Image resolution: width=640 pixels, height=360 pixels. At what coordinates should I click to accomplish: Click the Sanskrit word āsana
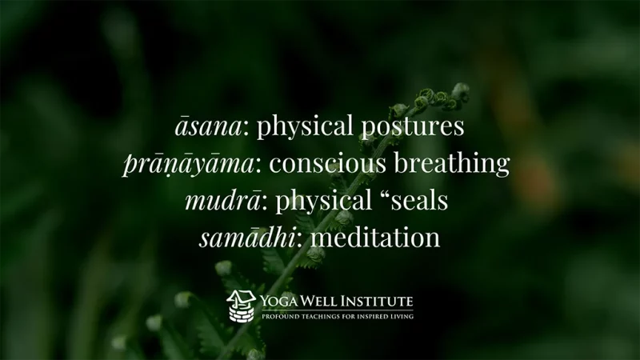[x=209, y=126]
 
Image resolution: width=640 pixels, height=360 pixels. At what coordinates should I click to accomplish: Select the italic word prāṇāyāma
[x=189, y=164]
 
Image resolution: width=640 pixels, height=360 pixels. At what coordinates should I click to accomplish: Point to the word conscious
[x=327, y=164]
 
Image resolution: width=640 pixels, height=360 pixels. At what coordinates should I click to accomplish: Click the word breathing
[x=451, y=164]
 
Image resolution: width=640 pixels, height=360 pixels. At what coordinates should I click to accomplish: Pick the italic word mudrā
[x=223, y=201]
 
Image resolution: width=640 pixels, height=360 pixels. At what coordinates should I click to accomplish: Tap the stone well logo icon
[x=241, y=306]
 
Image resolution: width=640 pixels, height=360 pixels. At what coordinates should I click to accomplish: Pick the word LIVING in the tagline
[x=402, y=316]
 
